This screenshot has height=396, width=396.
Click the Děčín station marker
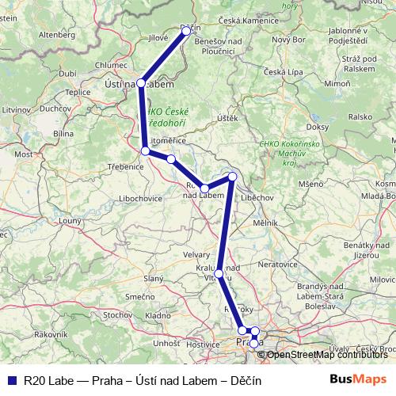[186, 31]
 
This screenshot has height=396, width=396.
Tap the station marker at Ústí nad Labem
[141, 82]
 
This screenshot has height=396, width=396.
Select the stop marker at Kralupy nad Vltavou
[219, 273]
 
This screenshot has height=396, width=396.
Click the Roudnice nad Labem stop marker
[204, 188]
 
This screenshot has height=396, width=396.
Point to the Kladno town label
[158, 315]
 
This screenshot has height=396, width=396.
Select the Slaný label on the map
[153, 278]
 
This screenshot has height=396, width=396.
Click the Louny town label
[70, 221]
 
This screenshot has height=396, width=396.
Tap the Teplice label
[78, 92]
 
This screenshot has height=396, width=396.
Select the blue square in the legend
[11, 380]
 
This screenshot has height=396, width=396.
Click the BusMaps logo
[358, 379]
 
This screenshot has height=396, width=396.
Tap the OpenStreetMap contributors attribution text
[326, 354]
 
